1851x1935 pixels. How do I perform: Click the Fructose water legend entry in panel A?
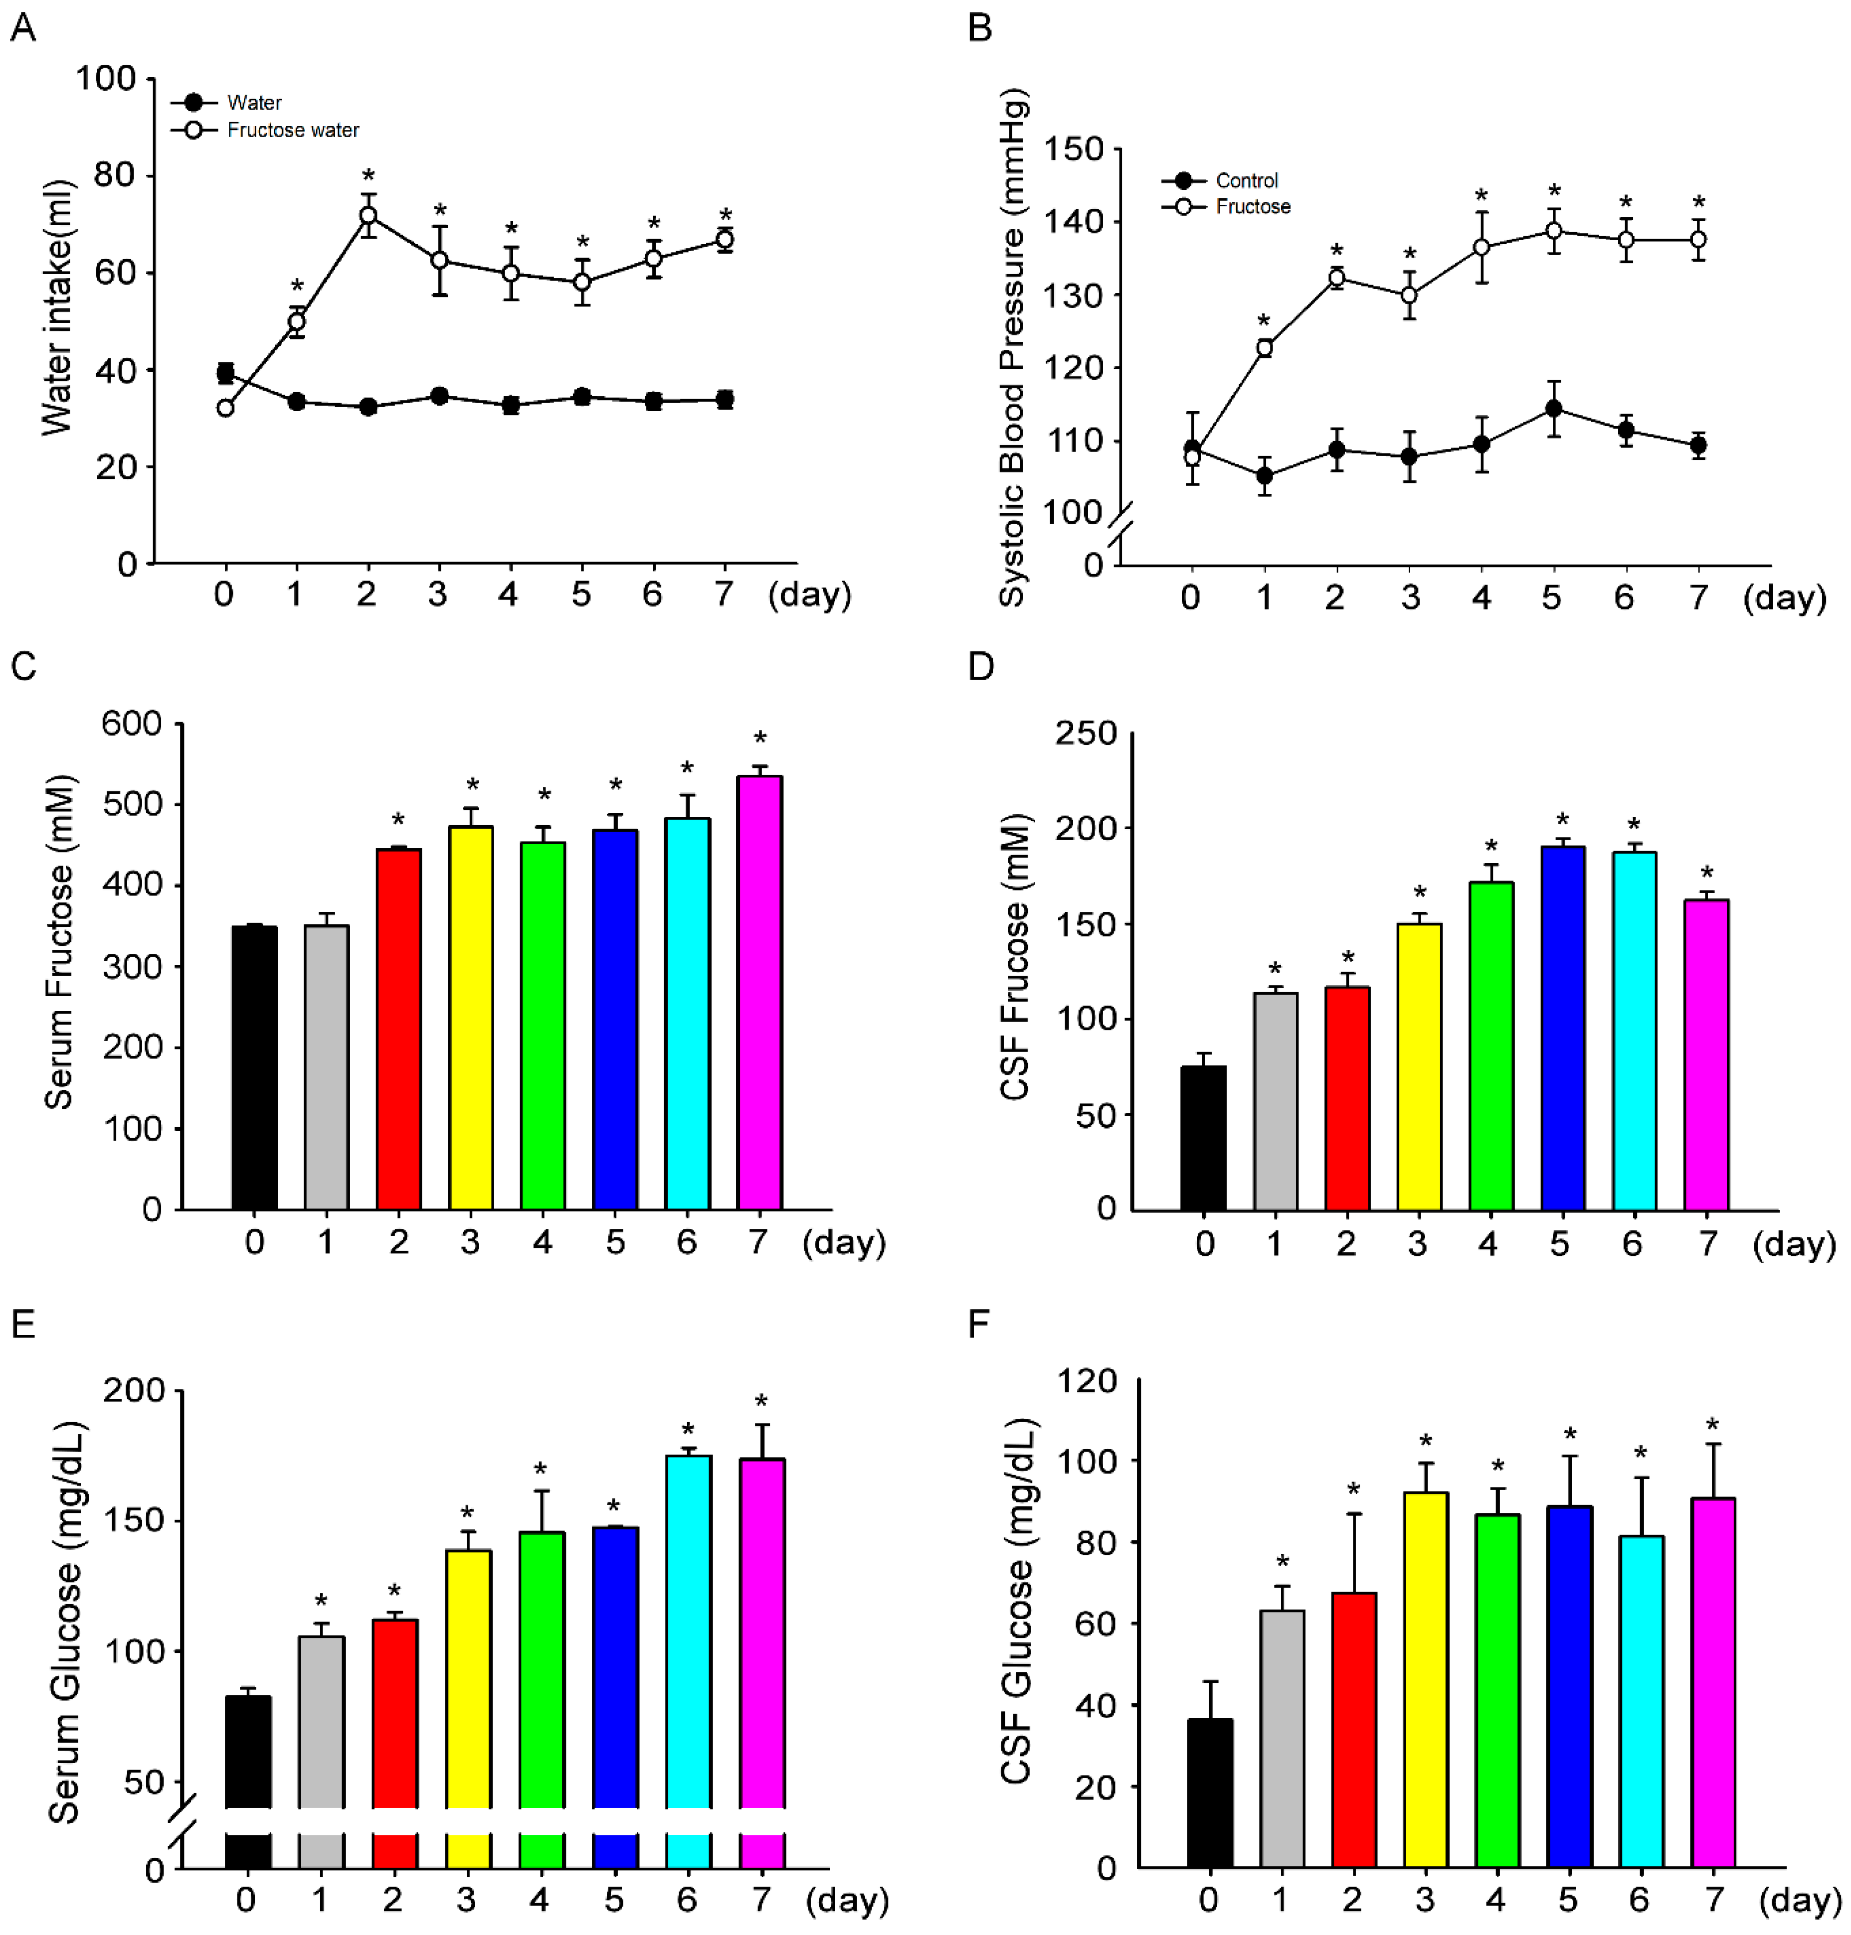292,130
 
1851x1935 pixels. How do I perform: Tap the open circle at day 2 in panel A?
368,215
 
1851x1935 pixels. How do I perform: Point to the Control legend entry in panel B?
1246,180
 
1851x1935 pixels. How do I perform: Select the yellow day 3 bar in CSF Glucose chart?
1425,1676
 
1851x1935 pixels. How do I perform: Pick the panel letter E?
23,1324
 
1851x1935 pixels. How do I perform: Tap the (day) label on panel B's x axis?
1784,596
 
